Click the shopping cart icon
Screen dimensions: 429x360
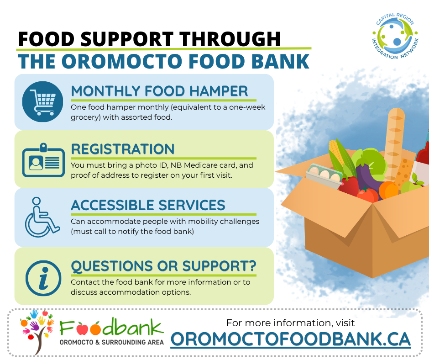point(42,101)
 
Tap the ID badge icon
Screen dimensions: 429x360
point(43,160)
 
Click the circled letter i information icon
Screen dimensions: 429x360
point(43,278)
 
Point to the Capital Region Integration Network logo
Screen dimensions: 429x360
point(395,36)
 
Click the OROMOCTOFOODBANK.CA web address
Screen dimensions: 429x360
point(291,339)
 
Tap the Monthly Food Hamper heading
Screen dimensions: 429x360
point(160,91)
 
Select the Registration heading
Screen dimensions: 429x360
point(123,149)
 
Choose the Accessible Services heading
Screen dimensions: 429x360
point(148,205)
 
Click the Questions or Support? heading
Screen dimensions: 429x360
point(163,266)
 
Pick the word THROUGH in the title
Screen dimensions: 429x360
point(230,39)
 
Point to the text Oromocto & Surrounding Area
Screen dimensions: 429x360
point(112,342)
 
